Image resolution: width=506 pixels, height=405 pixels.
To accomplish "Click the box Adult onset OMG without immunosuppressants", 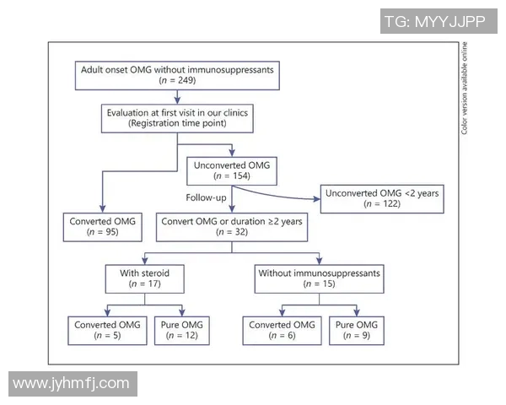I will [x=177, y=74].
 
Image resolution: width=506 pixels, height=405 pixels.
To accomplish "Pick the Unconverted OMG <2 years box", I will [x=379, y=199].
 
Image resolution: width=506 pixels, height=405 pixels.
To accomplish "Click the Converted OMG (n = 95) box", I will [x=102, y=227].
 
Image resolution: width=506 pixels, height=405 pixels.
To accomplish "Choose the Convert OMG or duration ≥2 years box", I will [x=229, y=227].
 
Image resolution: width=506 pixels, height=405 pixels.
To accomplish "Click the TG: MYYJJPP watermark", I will [x=434, y=22].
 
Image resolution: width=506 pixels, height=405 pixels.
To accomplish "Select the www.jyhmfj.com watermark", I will [x=72, y=383].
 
